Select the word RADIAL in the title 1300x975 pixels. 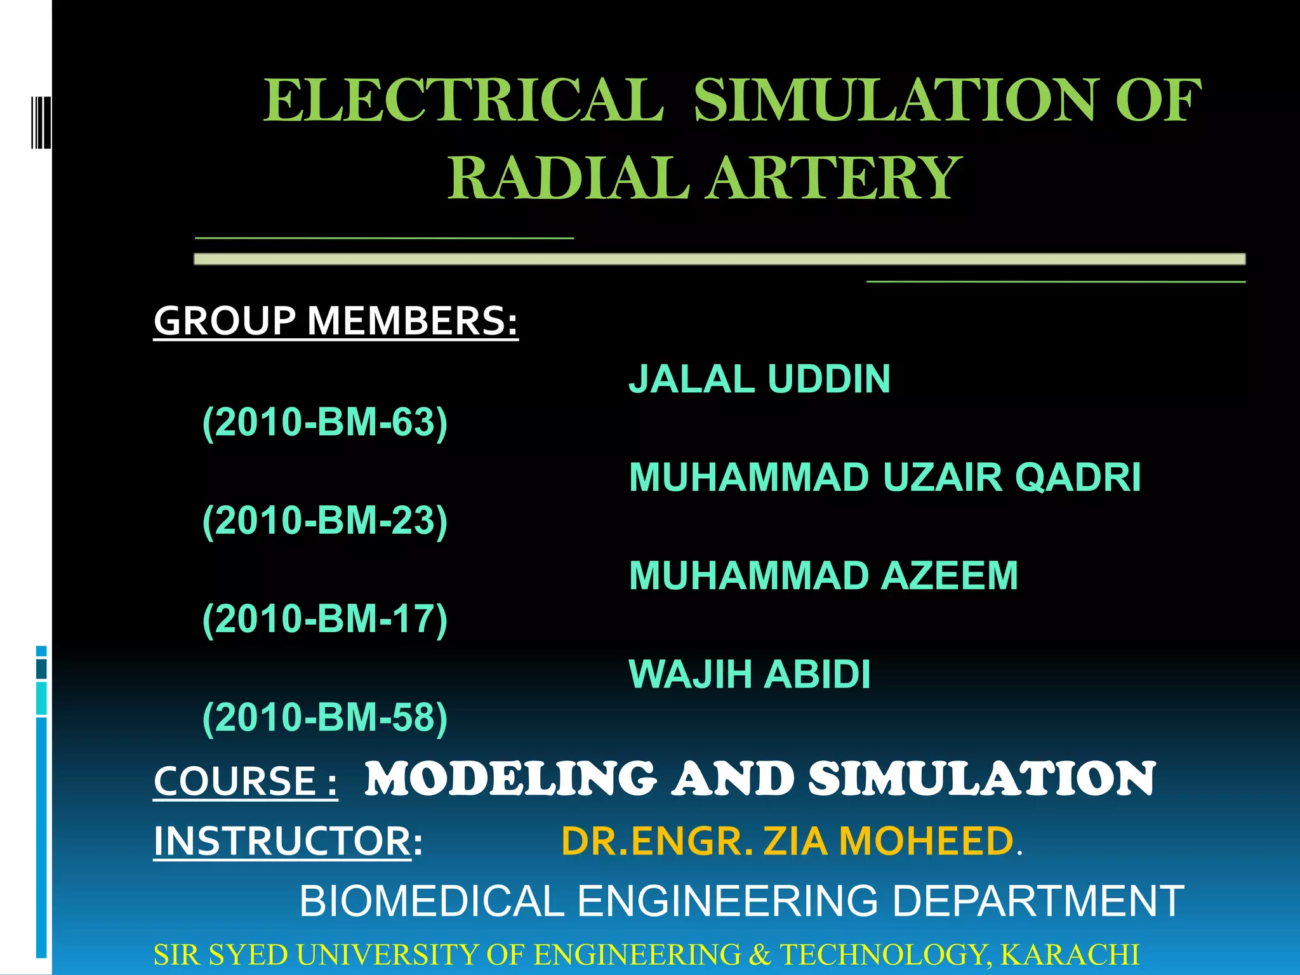coord(568,178)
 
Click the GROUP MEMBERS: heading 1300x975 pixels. coord(336,321)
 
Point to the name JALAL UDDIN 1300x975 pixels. coord(759,379)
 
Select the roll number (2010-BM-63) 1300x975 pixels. coord(325,422)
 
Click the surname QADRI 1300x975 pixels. coord(1078,477)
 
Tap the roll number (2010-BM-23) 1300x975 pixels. coord(325,521)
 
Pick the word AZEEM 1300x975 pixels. coord(950,576)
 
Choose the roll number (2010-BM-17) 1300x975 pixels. coord(325,619)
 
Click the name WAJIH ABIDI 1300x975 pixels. coord(749,674)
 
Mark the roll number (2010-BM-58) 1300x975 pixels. coord(325,717)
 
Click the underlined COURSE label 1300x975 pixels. coord(245,781)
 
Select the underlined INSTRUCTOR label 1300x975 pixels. coord(283,841)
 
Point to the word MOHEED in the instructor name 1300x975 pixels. coord(926,841)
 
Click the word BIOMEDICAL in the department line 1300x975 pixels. coord(432,901)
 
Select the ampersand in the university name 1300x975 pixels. coord(759,955)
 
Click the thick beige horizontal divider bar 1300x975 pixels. coord(719,259)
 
